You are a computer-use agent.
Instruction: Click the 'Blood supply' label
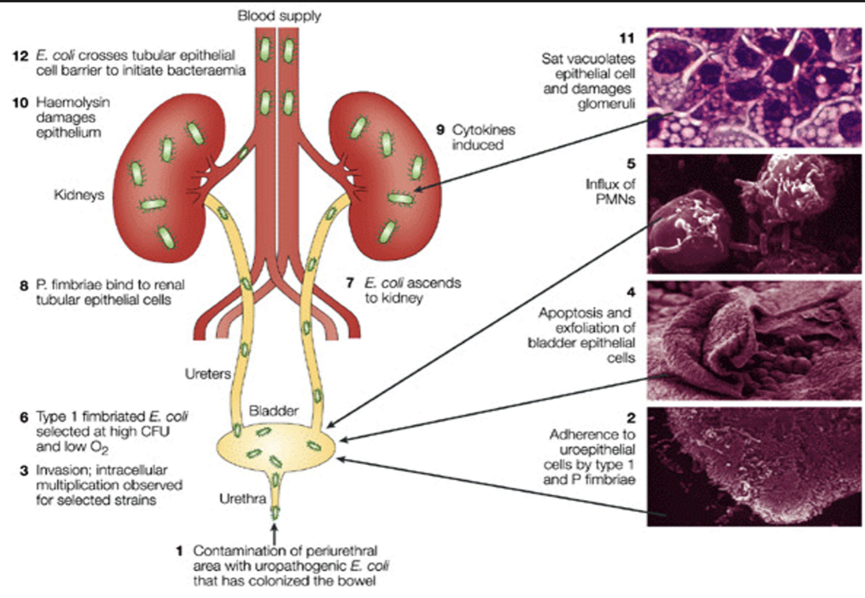coord(279,15)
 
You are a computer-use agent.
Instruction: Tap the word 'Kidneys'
coord(79,195)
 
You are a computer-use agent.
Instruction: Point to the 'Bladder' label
coord(274,411)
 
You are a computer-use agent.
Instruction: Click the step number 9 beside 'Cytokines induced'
coord(440,130)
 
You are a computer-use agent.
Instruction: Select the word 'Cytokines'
coord(484,130)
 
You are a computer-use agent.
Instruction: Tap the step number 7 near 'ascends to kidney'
coord(351,283)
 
